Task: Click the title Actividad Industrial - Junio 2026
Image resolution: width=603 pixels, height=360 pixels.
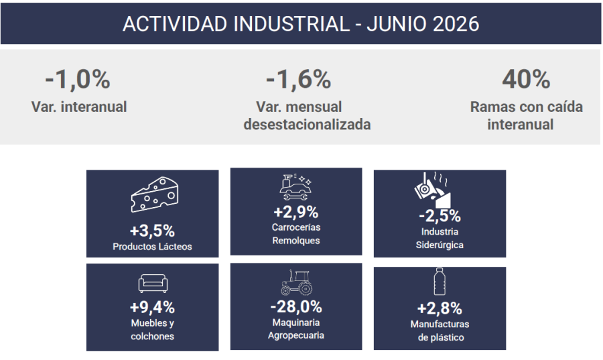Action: coord(301,24)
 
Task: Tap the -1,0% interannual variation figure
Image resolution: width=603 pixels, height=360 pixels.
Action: coord(78,79)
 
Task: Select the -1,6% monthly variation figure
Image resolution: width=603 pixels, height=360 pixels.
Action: coord(298,79)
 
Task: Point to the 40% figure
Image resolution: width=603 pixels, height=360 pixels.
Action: coord(526,79)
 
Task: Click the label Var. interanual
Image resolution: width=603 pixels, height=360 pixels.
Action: coord(79,107)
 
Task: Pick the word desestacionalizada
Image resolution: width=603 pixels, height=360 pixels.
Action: coord(307,125)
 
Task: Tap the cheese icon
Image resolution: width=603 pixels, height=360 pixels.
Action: coord(155,194)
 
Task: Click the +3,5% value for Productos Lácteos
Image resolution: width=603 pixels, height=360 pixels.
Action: coord(152,231)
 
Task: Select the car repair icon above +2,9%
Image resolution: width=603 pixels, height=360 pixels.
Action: coord(295,187)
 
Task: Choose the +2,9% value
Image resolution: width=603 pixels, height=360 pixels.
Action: coord(295,212)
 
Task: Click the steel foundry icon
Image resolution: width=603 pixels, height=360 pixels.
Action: coord(433,190)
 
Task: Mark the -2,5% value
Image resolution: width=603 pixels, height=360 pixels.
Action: coord(440,216)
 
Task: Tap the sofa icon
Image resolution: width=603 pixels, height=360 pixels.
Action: coord(153,284)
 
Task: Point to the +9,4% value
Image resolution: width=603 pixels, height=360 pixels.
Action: coord(152,307)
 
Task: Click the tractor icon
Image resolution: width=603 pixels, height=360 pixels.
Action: coord(296,282)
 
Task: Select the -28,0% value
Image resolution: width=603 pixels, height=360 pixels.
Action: coord(296,306)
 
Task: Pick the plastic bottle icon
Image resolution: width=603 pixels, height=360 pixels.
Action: coord(440,282)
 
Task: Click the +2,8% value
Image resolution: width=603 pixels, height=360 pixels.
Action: coord(440,308)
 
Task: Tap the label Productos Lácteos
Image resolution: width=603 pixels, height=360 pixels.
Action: coord(152,247)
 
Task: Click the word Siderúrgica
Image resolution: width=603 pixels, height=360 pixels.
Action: coord(440,245)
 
